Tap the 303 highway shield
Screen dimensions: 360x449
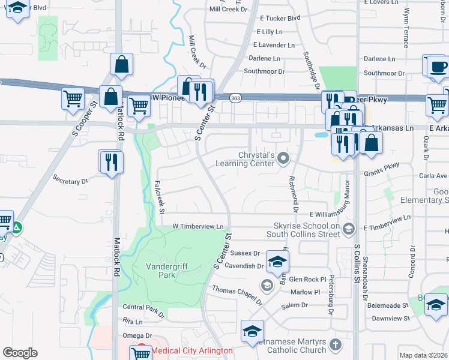(235, 97)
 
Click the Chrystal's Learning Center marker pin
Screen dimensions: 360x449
(283, 159)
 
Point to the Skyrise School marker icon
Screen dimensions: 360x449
(351, 228)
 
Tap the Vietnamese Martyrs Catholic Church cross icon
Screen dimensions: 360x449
(335, 345)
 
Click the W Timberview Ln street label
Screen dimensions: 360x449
(197, 226)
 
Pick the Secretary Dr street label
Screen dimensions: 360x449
(70, 179)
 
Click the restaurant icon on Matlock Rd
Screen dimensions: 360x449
(112, 161)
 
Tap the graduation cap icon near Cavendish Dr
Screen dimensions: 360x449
(278, 261)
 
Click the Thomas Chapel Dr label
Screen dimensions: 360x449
(238, 294)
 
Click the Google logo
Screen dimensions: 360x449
(20, 353)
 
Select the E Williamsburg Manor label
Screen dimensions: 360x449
(330, 214)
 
